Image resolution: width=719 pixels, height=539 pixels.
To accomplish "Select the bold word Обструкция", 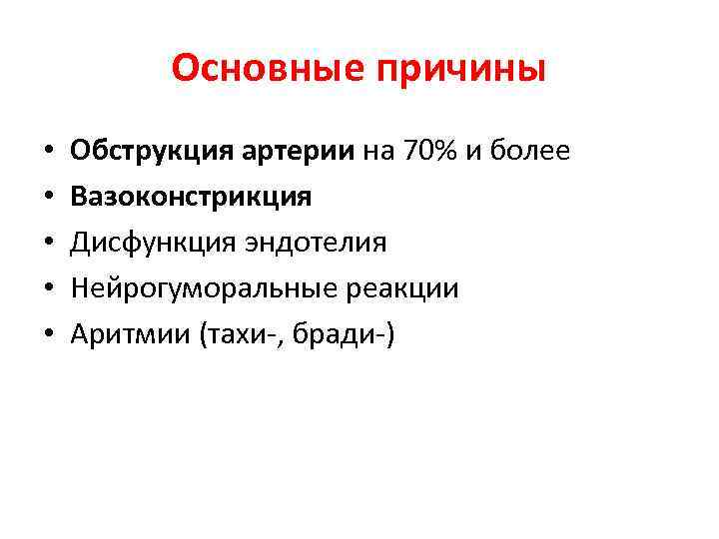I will click(150, 152).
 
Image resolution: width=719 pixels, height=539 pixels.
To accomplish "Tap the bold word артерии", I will click(297, 152).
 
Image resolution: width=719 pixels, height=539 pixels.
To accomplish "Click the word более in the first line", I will click(532, 152).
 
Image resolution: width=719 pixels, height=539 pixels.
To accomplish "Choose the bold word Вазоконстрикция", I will click(191, 198).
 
